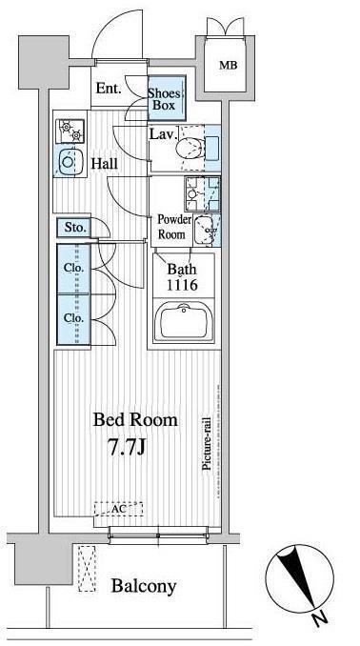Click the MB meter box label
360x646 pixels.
(x=228, y=65)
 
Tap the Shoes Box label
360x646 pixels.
(x=165, y=99)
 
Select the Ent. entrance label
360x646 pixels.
(x=109, y=89)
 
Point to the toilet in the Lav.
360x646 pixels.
(x=190, y=148)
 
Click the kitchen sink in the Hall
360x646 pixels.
(x=70, y=161)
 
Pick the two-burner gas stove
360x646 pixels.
(x=70, y=131)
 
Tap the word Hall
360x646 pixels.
(x=104, y=164)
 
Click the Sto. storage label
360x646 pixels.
(x=76, y=227)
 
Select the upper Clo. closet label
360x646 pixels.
(x=73, y=268)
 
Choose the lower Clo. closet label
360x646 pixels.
(x=73, y=318)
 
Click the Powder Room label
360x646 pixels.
(x=174, y=227)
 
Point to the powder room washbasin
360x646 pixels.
(x=205, y=231)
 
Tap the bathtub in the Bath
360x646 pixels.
(x=184, y=320)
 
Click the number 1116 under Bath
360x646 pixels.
(x=182, y=285)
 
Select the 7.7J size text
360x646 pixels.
(x=128, y=448)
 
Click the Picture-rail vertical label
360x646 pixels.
(x=207, y=444)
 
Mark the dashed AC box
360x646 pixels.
(x=119, y=509)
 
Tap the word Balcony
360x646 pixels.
(x=144, y=585)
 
